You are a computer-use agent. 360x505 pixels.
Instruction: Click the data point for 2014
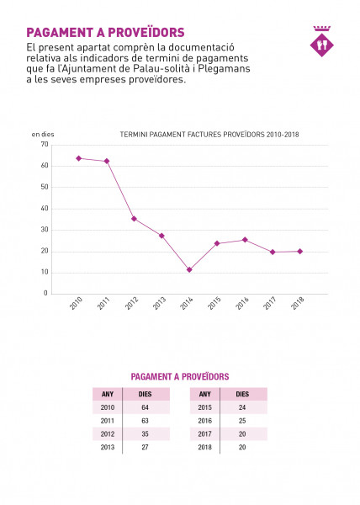189,269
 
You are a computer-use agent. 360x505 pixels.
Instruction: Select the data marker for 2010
78,158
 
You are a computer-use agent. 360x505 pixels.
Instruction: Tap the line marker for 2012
134,219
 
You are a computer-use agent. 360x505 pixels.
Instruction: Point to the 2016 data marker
245,240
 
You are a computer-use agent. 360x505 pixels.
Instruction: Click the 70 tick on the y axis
45,144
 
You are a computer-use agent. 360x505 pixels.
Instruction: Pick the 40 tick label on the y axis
45,209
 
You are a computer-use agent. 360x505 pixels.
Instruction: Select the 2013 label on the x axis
159,303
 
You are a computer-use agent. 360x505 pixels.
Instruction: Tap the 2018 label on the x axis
298,303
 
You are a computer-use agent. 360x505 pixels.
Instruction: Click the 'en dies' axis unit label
43,135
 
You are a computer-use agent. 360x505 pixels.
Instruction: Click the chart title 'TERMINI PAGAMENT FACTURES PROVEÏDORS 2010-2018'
209,135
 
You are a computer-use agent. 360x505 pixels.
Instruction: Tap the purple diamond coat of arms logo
321,41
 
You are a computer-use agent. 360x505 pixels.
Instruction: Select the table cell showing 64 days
146,407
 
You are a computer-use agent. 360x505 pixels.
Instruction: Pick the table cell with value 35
146,433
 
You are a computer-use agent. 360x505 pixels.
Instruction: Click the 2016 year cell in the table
205,421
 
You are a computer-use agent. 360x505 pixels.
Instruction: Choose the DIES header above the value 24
242,394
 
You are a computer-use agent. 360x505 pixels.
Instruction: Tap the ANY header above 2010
108,394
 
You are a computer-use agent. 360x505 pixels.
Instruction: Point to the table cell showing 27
146,447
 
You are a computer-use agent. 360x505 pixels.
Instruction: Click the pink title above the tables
180,376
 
